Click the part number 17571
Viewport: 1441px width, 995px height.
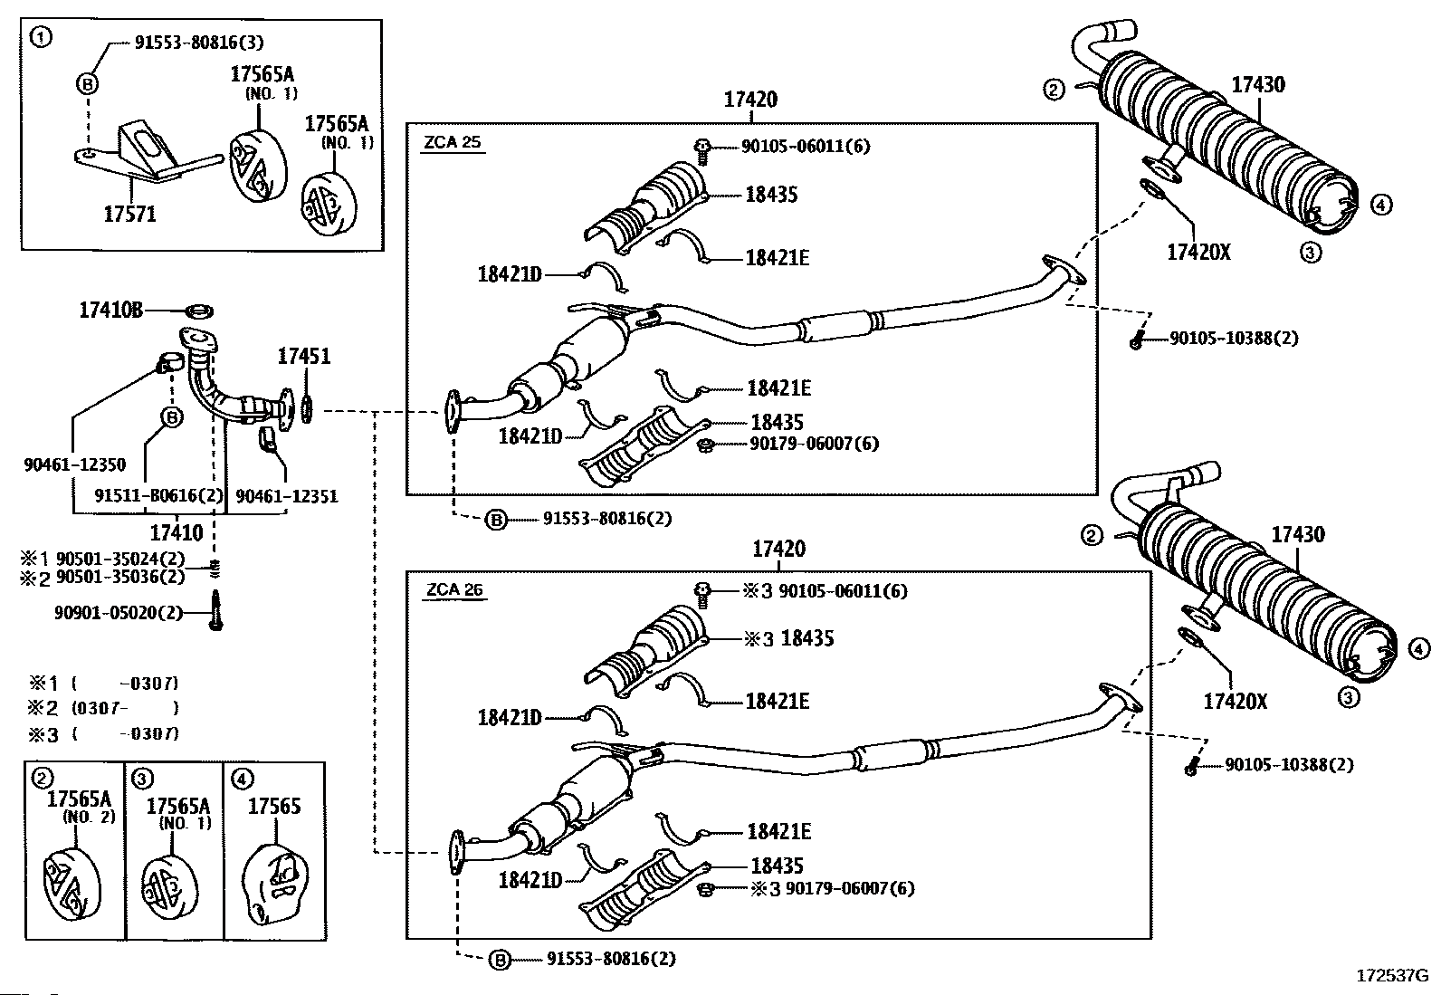129,214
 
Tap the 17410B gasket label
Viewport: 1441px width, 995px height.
110,311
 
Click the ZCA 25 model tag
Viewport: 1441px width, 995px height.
453,142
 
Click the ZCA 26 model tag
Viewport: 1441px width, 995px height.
454,590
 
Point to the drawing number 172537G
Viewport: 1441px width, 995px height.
1390,976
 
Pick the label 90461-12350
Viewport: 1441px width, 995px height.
75,464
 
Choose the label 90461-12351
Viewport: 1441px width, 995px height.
286,496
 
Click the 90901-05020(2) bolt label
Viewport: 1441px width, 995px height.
119,613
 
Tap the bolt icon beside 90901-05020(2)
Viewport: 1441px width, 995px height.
215,610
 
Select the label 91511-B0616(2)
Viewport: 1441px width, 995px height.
158,496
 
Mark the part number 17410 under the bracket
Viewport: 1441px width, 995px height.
177,534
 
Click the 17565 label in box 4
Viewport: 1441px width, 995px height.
274,806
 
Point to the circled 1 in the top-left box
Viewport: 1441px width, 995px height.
40,37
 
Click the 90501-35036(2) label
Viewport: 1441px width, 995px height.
120,576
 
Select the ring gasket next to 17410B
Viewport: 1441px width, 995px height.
199,311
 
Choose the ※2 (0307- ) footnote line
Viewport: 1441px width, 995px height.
103,708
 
